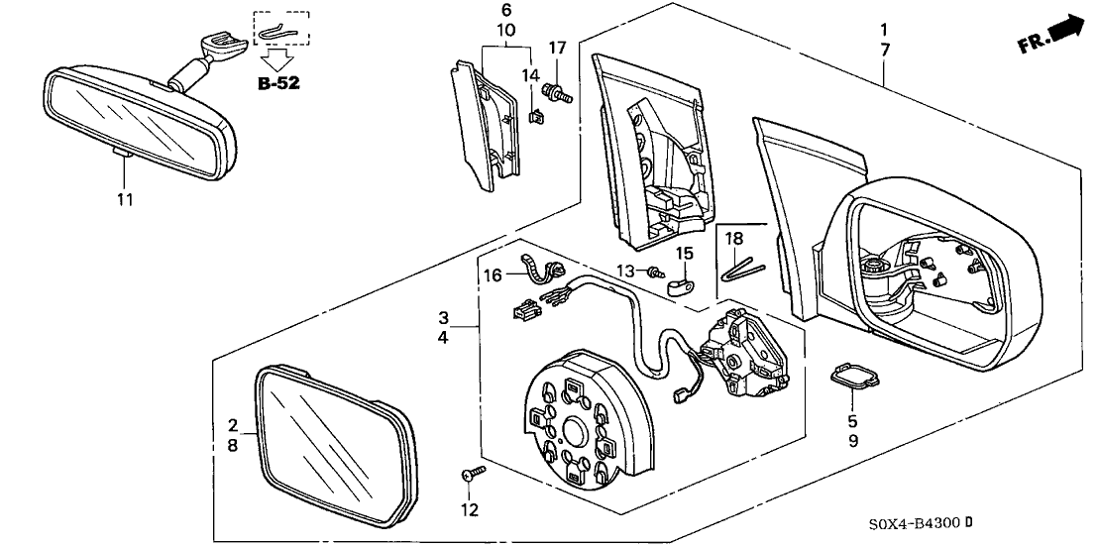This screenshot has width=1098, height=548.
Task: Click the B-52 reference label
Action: (x=278, y=84)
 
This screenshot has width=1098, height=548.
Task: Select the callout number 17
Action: (x=558, y=47)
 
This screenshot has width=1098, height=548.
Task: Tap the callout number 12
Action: (x=469, y=509)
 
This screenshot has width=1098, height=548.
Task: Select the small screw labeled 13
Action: (x=654, y=272)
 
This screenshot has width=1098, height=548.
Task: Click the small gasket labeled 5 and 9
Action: (x=851, y=378)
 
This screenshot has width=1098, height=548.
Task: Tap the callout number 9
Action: (x=852, y=438)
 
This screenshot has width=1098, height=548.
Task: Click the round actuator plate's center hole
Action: (x=573, y=430)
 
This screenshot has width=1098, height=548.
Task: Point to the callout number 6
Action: (x=506, y=10)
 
